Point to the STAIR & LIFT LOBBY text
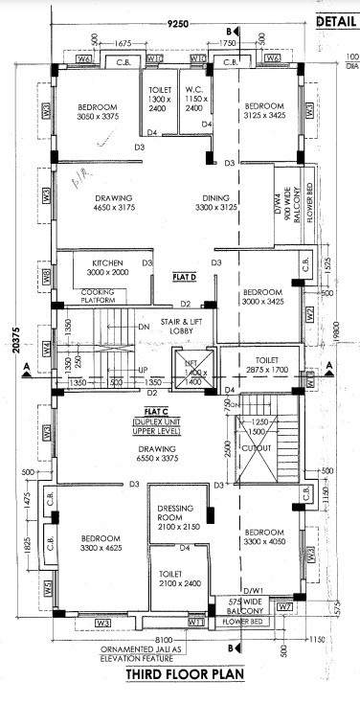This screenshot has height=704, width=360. point(177,326)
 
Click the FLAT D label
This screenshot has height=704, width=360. point(184,276)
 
